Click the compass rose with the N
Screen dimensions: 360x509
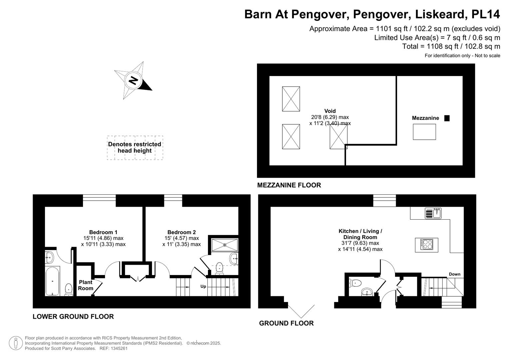pos(133,80)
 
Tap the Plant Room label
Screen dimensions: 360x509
pos(86,285)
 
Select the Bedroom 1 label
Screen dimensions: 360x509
pos(103,232)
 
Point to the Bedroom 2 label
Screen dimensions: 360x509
pos(181,232)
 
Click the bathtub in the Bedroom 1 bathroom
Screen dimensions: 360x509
pos(53,281)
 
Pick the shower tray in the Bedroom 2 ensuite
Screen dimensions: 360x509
pos(225,245)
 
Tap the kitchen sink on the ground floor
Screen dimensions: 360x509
pos(433,213)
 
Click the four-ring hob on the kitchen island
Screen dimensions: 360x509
pos(426,245)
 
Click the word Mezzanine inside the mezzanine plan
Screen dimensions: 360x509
pos(425,118)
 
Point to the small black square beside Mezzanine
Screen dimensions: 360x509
pos(447,118)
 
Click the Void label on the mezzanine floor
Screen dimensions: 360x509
pos(330,111)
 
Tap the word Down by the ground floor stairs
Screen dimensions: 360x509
pos(454,274)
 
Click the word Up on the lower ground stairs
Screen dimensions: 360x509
pos(203,286)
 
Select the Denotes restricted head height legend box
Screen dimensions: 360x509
pos(135,147)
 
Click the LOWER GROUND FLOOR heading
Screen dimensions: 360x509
pos(73,317)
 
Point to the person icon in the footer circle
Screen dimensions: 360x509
pos(16,343)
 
